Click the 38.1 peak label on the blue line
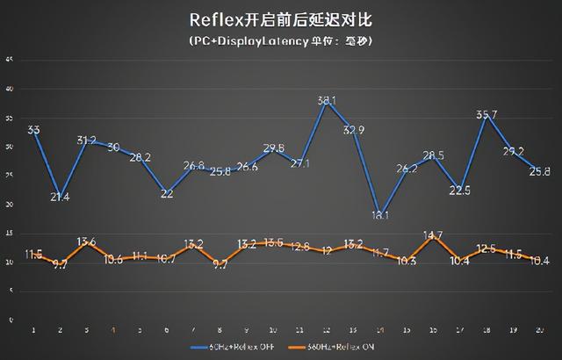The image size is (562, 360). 328,100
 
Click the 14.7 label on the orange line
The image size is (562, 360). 433,234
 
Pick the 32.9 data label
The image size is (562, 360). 353,130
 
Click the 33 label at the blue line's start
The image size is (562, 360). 34,130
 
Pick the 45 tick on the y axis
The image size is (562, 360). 9,60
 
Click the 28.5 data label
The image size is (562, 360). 433,155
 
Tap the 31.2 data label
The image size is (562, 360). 87,140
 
